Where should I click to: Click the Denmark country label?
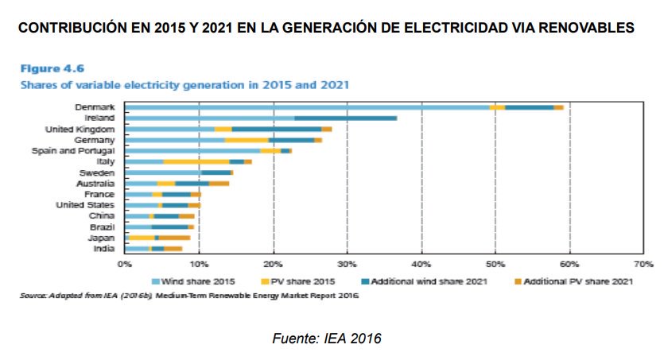pyautogui.click(x=95, y=106)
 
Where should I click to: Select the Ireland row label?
pyautogui.click(x=100, y=118)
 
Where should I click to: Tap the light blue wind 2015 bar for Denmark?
pyautogui.click(x=306, y=106)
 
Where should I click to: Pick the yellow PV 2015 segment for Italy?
pyautogui.click(x=196, y=161)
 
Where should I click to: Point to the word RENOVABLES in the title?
pyautogui.click(x=584, y=29)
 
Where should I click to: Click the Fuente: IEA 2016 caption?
pyautogui.click(x=327, y=339)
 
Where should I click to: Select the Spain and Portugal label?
pyautogui.click(x=73, y=150)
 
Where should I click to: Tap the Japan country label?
pyautogui.click(x=103, y=238)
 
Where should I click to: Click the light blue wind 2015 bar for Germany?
pyautogui.click(x=174, y=139)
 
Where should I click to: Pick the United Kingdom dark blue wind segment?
pyautogui.click(x=276, y=129)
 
